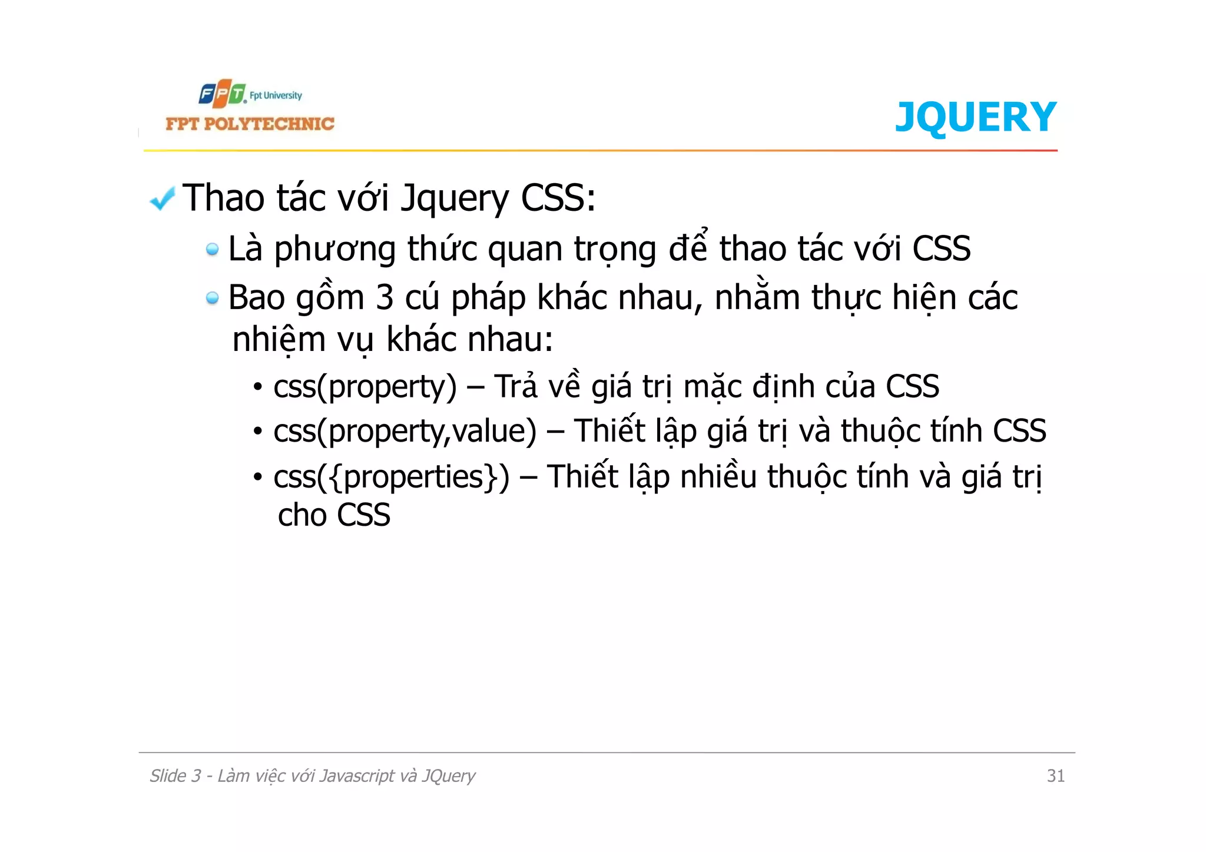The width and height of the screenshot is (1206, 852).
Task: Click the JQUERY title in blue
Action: click(x=975, y=117)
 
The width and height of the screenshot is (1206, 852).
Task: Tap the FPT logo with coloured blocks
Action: click(x=222, y=94)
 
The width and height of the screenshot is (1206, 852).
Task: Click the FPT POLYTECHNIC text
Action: click(x=250, y=124)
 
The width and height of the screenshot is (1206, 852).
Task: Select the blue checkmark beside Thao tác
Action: click(x=162, y=198)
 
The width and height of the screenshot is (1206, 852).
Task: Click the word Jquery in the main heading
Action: click(x=454, y=199)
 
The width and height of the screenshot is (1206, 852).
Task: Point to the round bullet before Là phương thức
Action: click(x=212, y=250)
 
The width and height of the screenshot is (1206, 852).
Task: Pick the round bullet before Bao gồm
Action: click(x=212, y=299)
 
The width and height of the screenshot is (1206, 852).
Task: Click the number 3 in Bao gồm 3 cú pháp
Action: click(x=384, y=297)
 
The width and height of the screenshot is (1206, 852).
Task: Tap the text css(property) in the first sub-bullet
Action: click(x=365, y=387)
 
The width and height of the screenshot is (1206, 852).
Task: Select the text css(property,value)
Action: click(x=405, y=432)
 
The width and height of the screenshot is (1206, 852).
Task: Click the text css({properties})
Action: click(x=391, y=477)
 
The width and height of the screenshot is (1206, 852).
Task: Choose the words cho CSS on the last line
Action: click(x=334, y=515)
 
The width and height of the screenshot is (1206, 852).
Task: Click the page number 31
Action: click(x=1055, y=776)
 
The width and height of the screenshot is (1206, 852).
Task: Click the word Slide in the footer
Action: click(x=167, y=776)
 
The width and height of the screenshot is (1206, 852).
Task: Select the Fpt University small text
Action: click(x=276, y=95)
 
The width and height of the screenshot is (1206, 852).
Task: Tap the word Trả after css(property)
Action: click(x=516, y=387)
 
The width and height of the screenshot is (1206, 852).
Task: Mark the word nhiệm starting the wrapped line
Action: click(x=279, y=341)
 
